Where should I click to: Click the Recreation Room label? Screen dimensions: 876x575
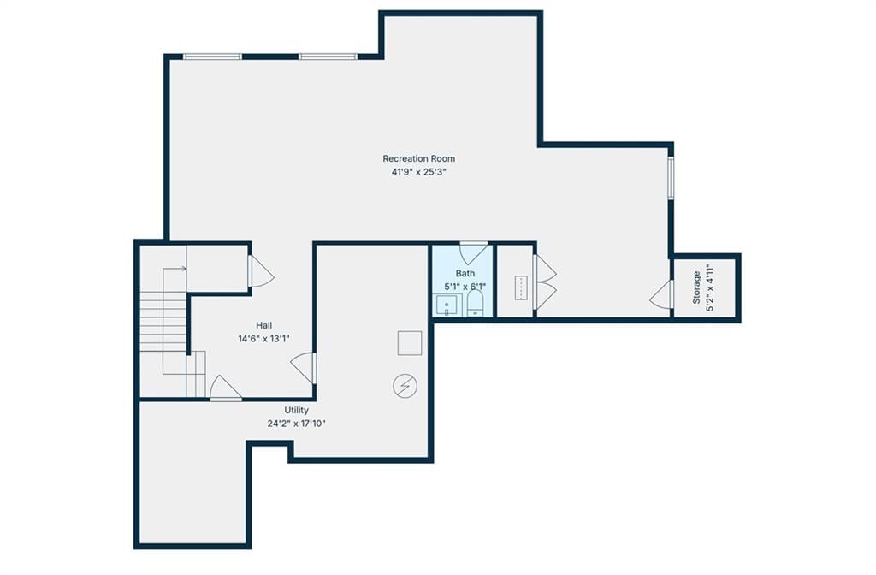coord(418,158)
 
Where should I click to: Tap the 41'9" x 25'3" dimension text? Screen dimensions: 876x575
coord(418,172)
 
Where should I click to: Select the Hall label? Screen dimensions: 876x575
coord(264,325)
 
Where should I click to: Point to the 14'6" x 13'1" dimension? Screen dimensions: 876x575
coord(263,339)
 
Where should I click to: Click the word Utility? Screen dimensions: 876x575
coord(296,410)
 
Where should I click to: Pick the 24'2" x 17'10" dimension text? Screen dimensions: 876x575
coord(296,424)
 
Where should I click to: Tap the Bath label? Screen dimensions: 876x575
coord(465,273)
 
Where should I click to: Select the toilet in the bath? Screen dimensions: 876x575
coord(475,304)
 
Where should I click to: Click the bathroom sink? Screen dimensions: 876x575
coord(447,305)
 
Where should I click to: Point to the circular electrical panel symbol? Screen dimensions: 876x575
coord(405,386)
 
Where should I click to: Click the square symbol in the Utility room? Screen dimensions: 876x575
coord(410,343)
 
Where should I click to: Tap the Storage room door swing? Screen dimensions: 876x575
coord(661,294)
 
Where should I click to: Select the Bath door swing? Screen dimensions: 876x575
coord(474,253)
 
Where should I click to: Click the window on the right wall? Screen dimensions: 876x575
coord(671,177)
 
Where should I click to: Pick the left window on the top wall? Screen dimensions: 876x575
coord(212,56)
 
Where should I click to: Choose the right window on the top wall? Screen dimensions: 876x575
coord(328,56)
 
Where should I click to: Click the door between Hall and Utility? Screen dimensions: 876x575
coord(304,368)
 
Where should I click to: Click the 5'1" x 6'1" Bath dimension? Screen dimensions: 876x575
coord(465,287)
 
